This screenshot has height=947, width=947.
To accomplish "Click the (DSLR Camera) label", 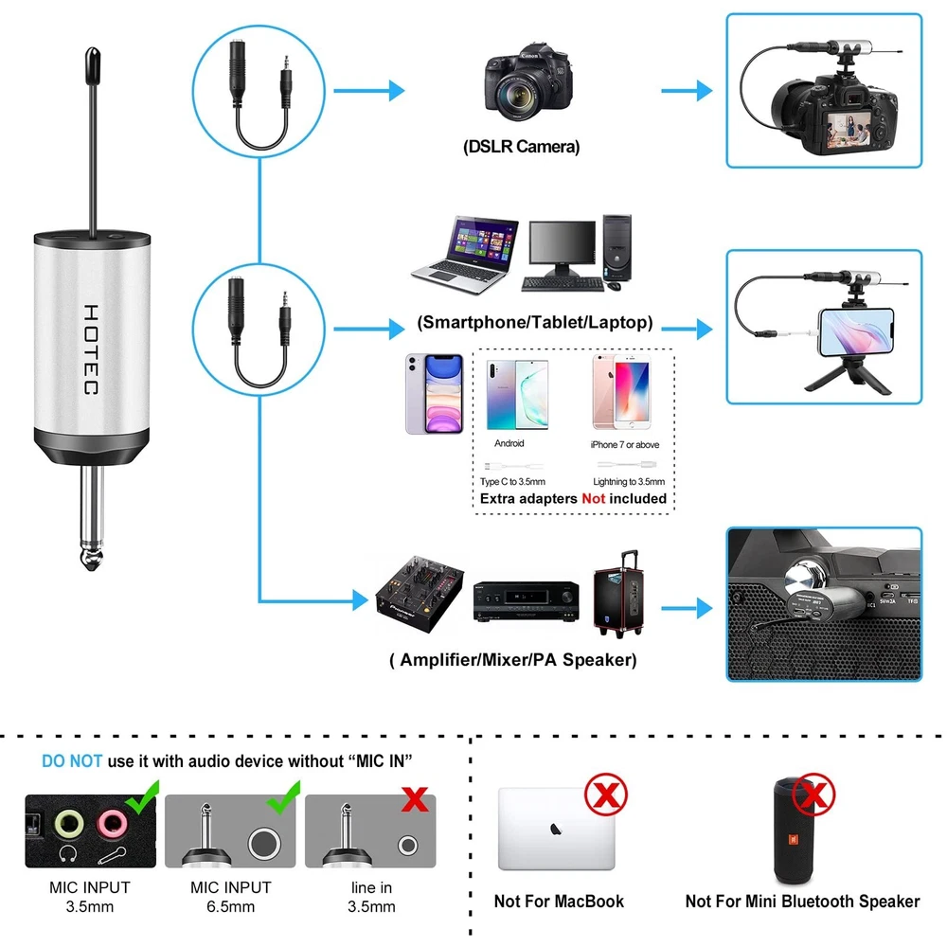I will coord(522,147).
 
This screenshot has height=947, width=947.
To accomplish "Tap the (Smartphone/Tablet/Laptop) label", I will coord(534,323).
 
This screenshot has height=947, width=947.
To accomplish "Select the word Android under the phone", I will coord(509,443).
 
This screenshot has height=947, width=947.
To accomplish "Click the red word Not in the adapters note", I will coord(594,498).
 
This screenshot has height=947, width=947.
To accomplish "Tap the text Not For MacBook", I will coord(559,902).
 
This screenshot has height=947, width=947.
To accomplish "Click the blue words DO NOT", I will coord(73,760).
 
